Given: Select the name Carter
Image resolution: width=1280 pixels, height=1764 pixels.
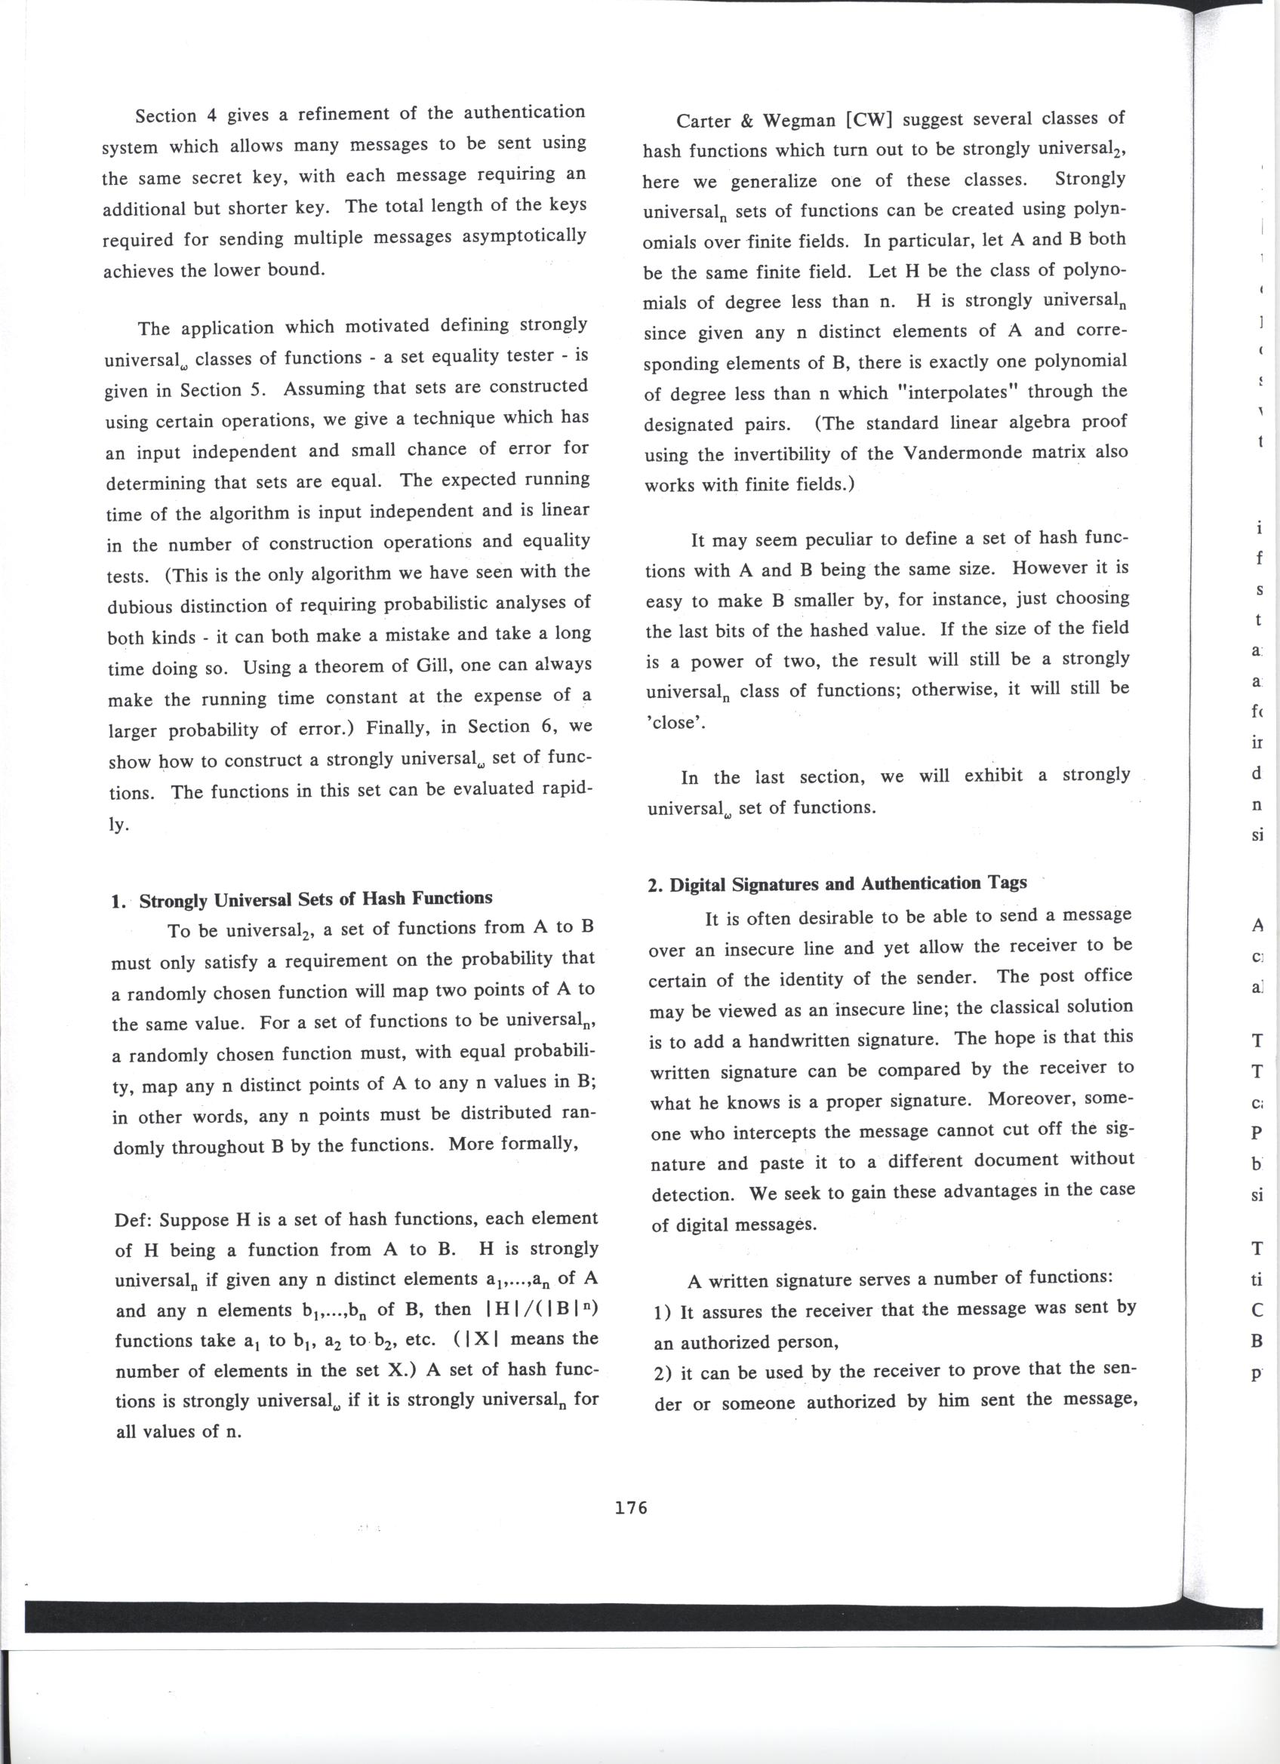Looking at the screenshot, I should coord(703,121).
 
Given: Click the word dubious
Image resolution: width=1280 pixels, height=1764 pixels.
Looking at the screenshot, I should coord(144,606).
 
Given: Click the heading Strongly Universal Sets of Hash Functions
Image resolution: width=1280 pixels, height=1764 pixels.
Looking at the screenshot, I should coord(316,899).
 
